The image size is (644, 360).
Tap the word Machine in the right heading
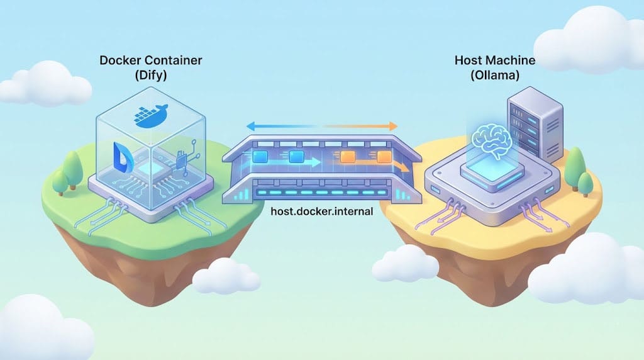coord(513,61)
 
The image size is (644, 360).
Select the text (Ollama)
coord(495,77)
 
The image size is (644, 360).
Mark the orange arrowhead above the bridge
coord(394,125)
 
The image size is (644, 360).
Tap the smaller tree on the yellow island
coord(586,183)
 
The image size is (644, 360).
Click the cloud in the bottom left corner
coord(38,330)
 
